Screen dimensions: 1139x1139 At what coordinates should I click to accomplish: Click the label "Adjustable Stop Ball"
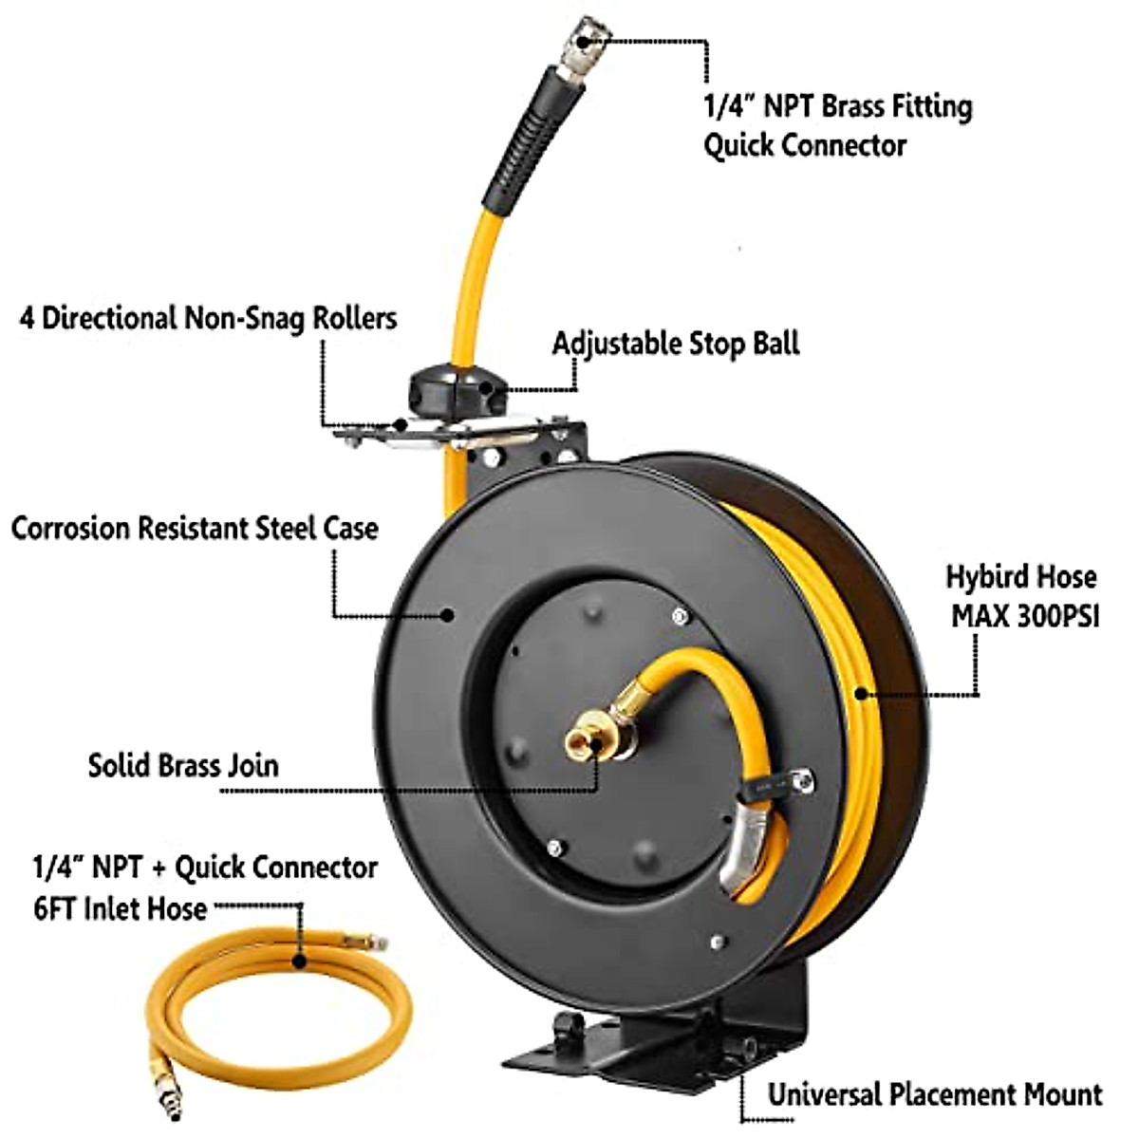click(676, 343)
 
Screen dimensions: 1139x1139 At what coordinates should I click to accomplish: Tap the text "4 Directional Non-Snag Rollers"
click(208, 317)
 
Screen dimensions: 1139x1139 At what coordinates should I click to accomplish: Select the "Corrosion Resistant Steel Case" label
click(195, 528)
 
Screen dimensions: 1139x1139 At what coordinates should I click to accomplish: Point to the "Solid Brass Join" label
click(183, 765)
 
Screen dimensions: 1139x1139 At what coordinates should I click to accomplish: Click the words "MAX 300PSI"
click(1025, 617)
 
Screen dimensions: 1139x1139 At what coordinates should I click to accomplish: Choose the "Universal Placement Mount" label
click(935, 1094)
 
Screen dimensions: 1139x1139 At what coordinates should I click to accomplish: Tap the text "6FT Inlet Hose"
click(121, 908)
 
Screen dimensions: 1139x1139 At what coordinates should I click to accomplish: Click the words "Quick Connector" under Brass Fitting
click(805, 145)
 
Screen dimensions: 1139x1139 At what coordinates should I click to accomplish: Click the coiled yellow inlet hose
click(275, 1006)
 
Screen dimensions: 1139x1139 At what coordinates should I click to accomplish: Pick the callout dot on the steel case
click(447, 614)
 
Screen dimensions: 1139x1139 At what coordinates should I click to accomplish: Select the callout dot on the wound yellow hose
click(860, 694)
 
